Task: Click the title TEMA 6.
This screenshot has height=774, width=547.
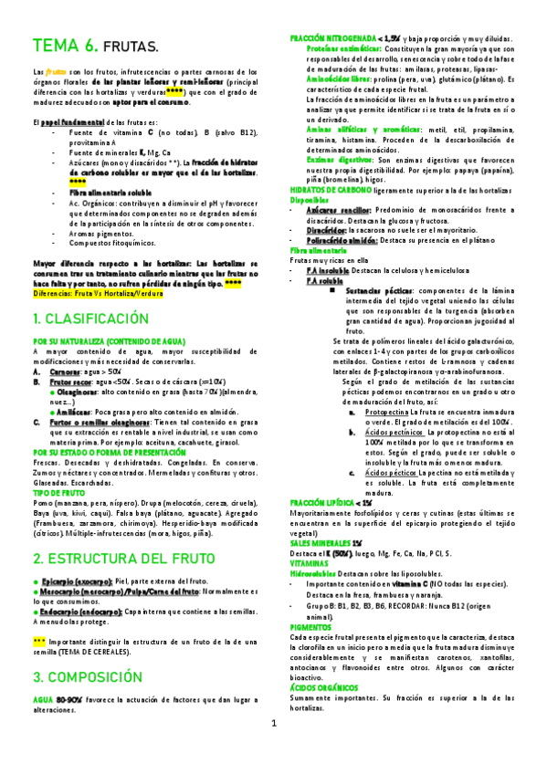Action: [x=65, y=46]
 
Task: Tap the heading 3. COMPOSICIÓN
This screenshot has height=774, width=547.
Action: [x=89, y=678]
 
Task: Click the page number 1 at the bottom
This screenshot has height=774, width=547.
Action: [x=273, y=749]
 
